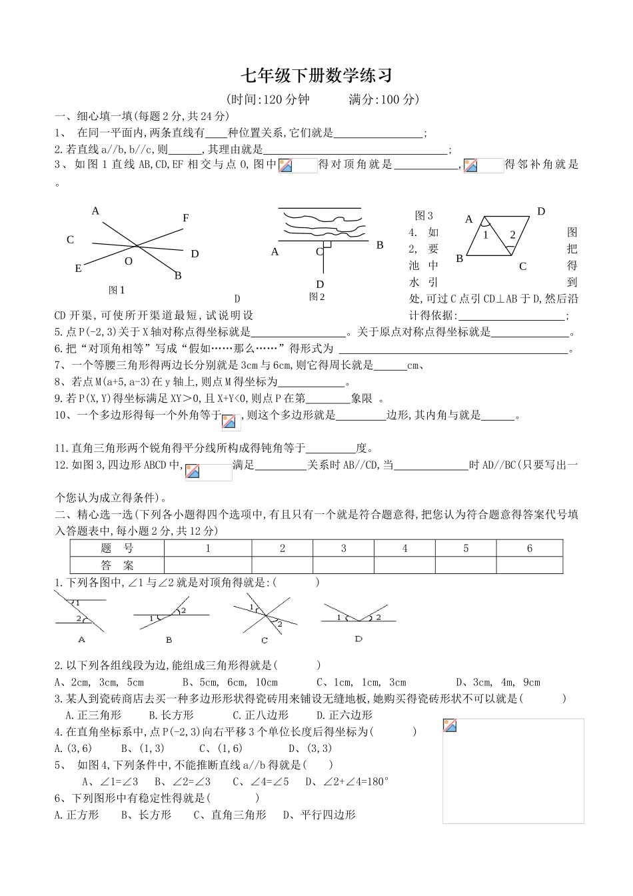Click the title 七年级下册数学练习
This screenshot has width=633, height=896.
pyautogui.click(x=316, y=76)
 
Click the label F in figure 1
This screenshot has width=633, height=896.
pyautogui.click(x=186, y=218)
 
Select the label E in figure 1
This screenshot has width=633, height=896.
pyautogui.click(x=78, y=269)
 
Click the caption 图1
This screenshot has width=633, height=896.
pyautogui.click(x=117, y=290)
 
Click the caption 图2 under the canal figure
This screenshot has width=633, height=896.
pyautogui.click(x=316, y=297)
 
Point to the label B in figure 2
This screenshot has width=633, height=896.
pyautogui.click(x=380, y=245)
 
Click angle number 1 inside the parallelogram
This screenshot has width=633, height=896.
pyautogui.click(x=486, y=235)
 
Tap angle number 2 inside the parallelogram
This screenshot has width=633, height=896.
pyautogui.click(x=512, y=235)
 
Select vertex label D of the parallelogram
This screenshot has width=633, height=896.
pyautogui.click(x=541, y=212)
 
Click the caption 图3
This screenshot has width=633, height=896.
pyautogui.click(x=424, y=215)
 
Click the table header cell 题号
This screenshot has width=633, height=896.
pyautogui.click(x=117, y=549)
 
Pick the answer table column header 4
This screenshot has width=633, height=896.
pyautogui.click(x=404, y=549)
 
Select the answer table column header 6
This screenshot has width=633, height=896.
pyautogui.click(x=530, y=549)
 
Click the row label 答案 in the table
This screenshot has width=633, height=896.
pyautogui.click(x=117, y=565)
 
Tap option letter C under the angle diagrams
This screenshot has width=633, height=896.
pyautogui.click(x=265, y=640)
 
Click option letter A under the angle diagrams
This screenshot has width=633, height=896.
pyautogui.click(x=82, y=639)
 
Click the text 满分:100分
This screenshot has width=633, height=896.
pyautogui.click(x=384, y=100)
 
